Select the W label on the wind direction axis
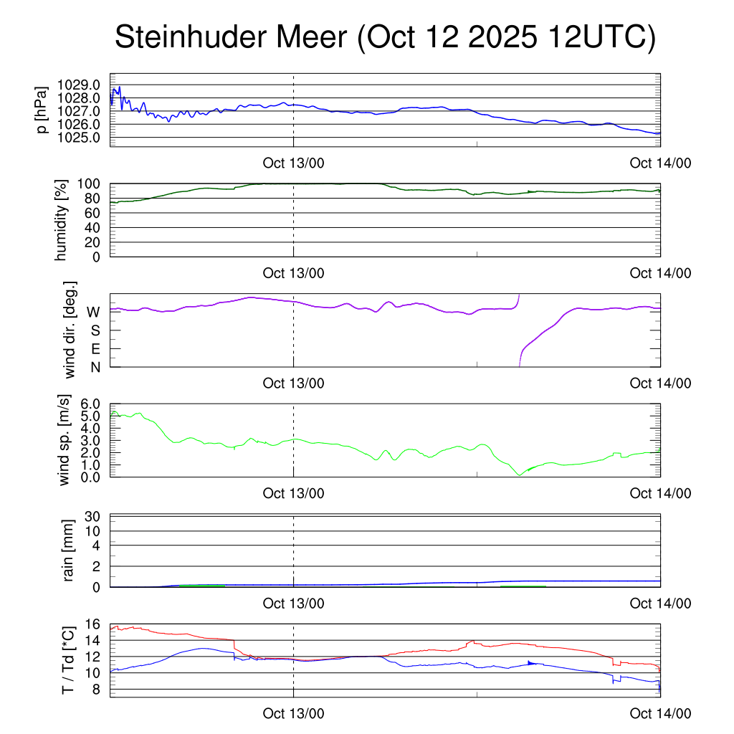[x=93, y=312]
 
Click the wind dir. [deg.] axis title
[x=70, y=330]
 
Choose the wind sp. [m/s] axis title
[x=65, y=441]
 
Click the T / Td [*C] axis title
[x=67, y=660]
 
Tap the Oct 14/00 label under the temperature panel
[x=660, y=713]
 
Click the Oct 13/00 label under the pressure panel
[x=293, y=163]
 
